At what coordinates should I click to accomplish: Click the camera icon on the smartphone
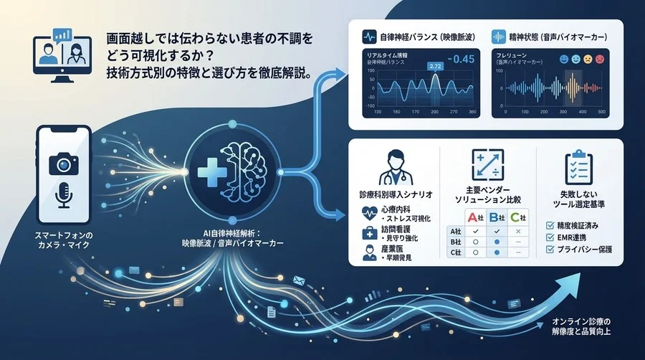[63, 166]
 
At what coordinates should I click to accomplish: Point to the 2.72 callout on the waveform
[434, 67]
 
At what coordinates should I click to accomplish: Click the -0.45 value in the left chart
[461, 59]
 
